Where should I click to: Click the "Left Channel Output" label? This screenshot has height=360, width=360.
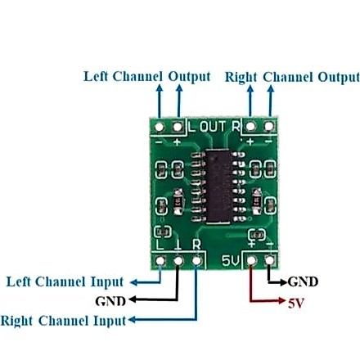pyautogui.click(x=147, y=77)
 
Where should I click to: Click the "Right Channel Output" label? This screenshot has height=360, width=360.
pyautogui.click(x=292, y=77)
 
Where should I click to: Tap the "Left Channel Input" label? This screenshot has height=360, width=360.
pyautogui.click(x=65, y=282)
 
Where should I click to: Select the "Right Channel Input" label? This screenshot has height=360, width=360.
pyautogui.click(x=63, y=321)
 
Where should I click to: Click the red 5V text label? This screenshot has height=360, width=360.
pyautogui.click(x=295, y=303)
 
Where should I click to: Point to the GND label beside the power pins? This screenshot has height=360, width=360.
pyautogui.click(x=303, y=281)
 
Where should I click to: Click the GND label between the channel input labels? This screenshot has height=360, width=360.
pyautogui.click(x=110, y=301)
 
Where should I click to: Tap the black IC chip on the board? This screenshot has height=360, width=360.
pyautogui.click(x=218, y=186)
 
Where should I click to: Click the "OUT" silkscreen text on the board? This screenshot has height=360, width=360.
pyautogui.click(x=213, y=127)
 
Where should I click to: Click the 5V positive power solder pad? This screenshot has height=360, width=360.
pyautogui.click(x=251, y=260)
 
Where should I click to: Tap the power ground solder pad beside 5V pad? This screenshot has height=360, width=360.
pyautogui.click(x=270, y=260)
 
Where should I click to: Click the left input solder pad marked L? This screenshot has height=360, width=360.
pyautogui.click(x=160, y=261)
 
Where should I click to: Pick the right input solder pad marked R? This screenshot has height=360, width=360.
pyautogui.click(x=196, y=261)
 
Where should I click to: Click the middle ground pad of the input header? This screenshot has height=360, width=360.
pyautogui.click(x=178, y=261)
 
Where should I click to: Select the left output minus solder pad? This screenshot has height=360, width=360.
pyautogui.click(x=160, y=127)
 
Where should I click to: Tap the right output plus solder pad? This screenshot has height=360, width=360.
pyautogui.click(x=250, y=126)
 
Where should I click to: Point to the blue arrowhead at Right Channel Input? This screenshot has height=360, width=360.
pyautogui.click(x=132, y=320)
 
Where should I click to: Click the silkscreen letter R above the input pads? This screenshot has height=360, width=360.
pyautogui.click(x=196, y=245)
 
